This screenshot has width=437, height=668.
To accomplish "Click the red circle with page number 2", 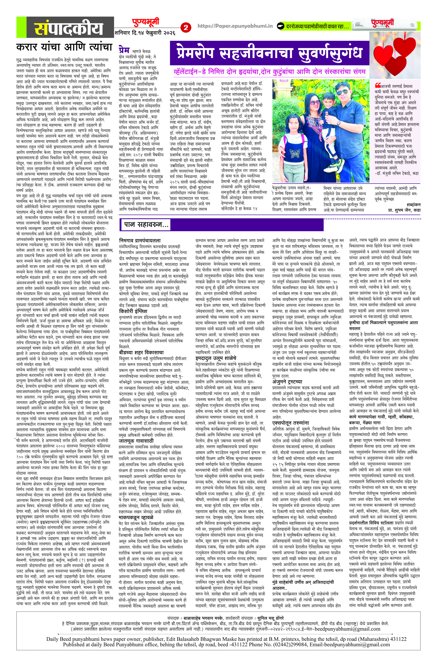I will pos(186,27).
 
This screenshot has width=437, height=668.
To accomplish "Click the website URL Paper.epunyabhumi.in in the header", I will pos(235,26).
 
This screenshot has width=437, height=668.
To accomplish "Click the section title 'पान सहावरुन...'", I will pos(146,224).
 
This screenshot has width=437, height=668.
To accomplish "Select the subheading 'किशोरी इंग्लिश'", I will pos(133,311).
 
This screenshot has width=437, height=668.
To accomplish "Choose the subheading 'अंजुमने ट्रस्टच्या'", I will pos(287,382).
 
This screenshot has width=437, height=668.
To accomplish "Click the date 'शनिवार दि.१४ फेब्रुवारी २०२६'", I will pos(145,33).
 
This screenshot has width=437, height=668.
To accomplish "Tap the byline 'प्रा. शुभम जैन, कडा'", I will pos(404,210).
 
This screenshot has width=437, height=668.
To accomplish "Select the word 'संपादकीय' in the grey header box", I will pos(69,28).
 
